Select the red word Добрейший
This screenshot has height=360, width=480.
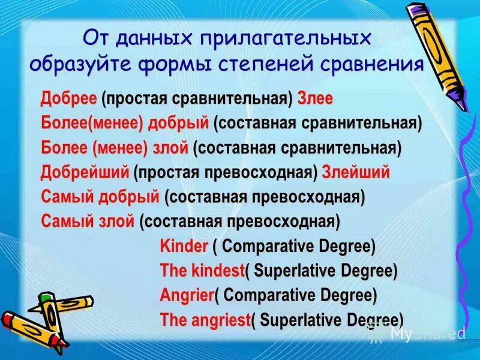[85, 173]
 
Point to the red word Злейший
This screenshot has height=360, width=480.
[356, 173]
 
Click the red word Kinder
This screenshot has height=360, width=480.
[184, 246]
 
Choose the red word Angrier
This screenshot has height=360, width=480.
[187, 295]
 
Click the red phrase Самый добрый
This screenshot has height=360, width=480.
[100, 197]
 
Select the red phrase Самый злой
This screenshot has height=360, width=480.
[88, 221]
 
